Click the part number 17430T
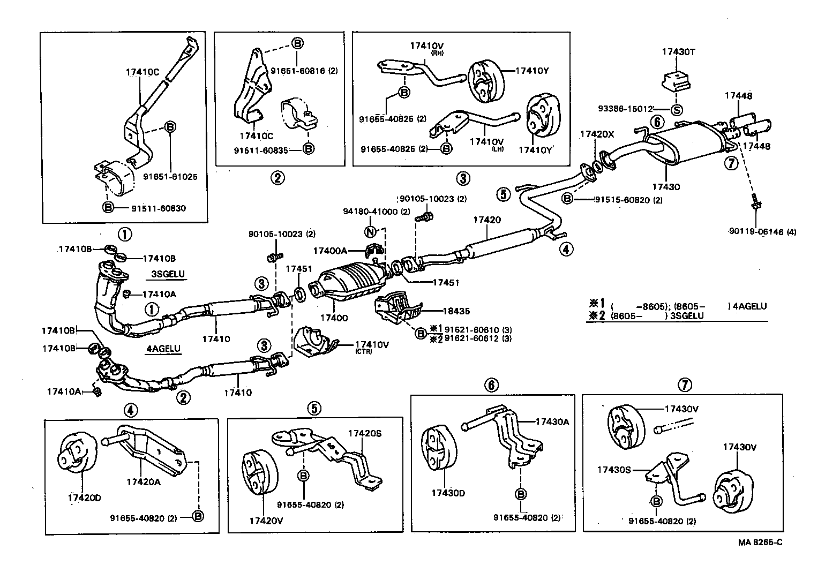point(678,52)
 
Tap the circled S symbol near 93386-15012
point(677,110)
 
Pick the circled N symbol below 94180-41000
point(370,232)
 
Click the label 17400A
point(330,250)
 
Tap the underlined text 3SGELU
point(168,274)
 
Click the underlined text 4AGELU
point(163,349)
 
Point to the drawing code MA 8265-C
point(760,542)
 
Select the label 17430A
point(552,421)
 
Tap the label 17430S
point(614,470)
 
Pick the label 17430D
point(448,493)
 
